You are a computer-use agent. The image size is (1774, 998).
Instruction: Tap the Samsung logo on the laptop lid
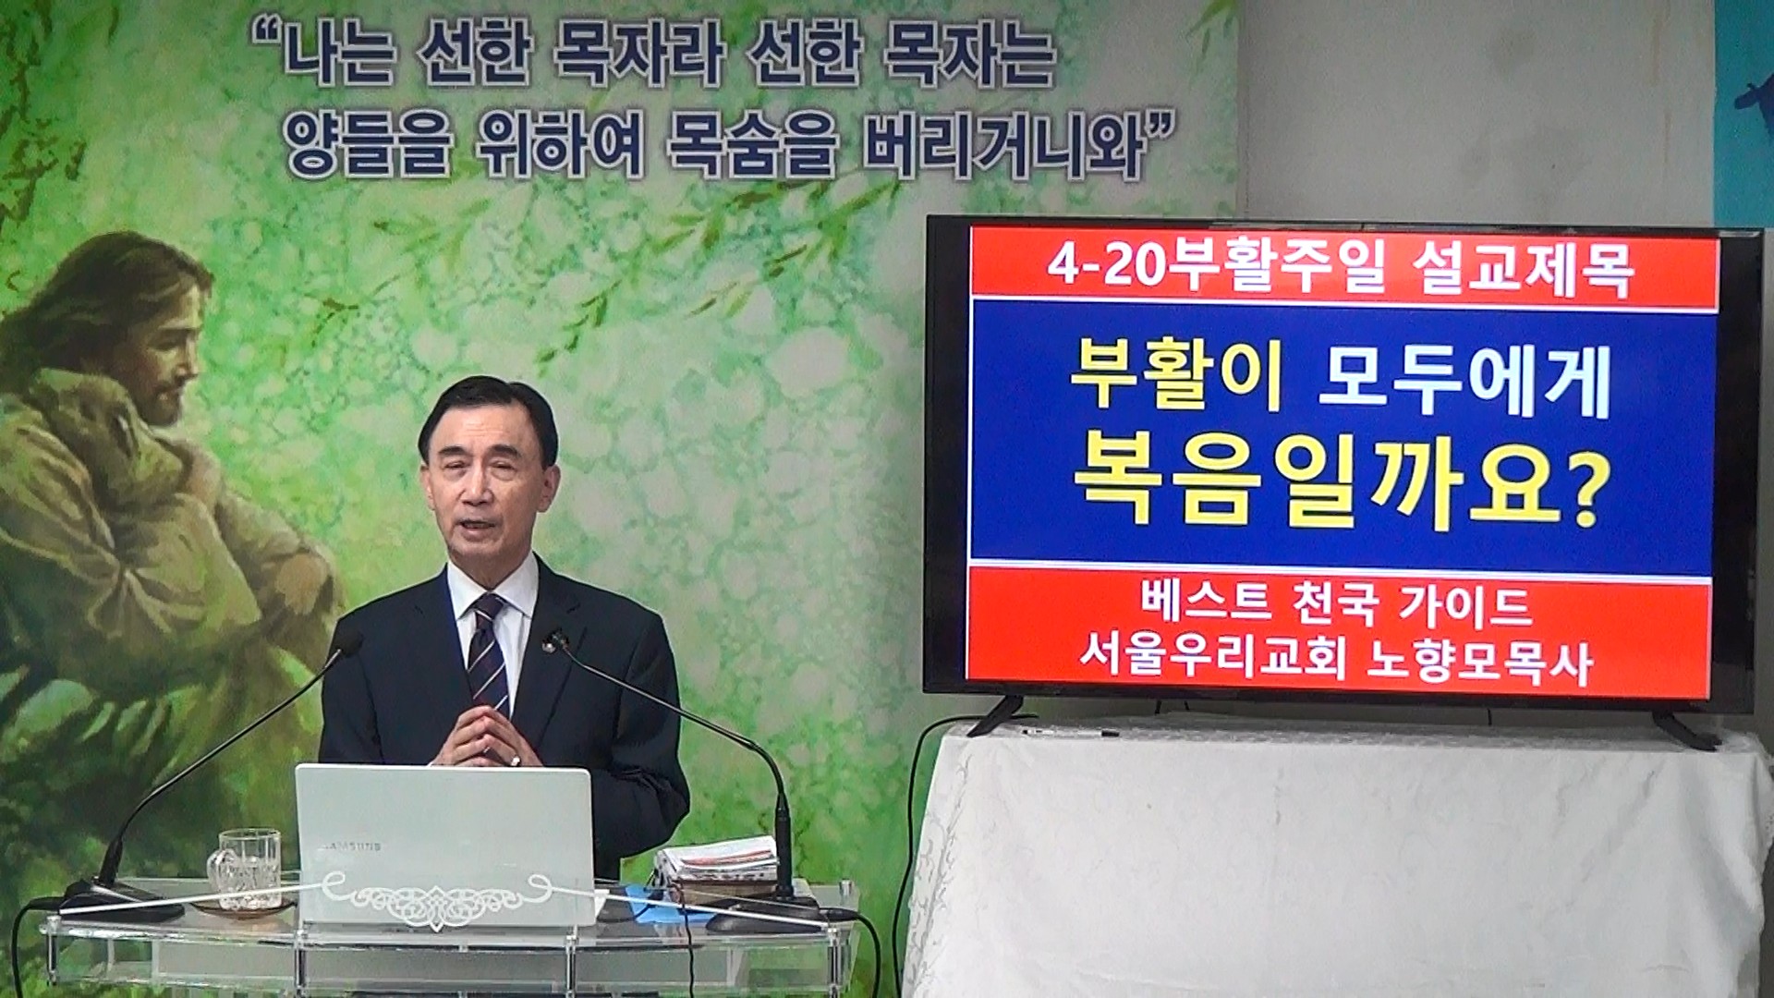point(350,844)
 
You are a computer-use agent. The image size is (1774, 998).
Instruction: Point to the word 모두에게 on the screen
point(1465,383)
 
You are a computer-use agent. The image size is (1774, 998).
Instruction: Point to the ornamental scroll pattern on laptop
point(433,896)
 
